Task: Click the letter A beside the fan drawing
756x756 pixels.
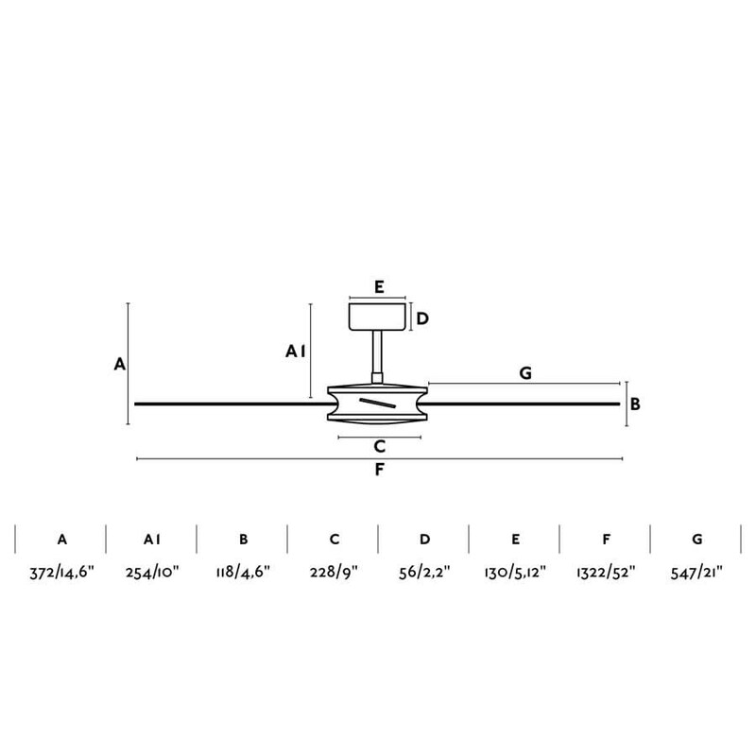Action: tap(119, 363)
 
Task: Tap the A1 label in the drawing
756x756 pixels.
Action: tap(295, 352)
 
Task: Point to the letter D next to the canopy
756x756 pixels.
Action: tap(422, 318)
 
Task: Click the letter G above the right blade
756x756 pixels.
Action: tap(525, 373)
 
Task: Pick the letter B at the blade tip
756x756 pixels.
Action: tap(636, 404)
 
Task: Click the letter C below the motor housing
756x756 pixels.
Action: tap(379, 446)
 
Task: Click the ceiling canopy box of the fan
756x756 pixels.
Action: tap(378, 317)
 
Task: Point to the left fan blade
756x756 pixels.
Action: tap(227, 404)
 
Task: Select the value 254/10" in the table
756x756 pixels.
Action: tap(152, 571)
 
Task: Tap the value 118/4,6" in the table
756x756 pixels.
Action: tap(243, 571)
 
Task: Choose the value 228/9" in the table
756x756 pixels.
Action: tap(334, 571)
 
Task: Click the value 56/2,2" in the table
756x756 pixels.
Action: tap(424, 571)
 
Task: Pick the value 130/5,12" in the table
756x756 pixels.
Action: tap(515, 571)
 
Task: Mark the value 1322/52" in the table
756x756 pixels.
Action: tap(606, 571)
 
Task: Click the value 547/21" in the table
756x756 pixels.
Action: tap(696, 571)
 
